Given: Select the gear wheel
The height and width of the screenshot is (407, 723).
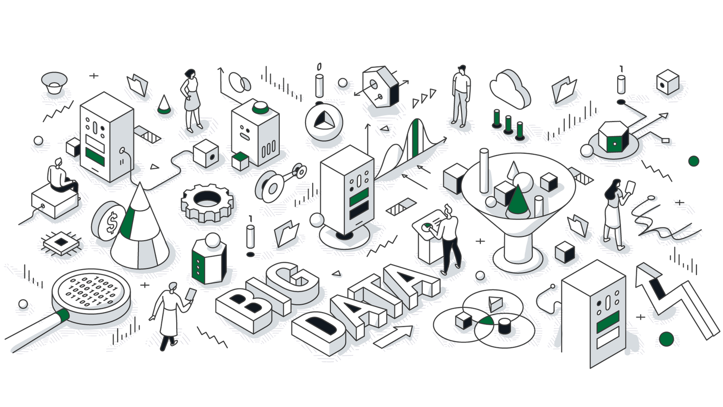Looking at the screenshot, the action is (207, 203).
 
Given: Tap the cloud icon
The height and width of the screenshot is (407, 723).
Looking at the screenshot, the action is (510, 89).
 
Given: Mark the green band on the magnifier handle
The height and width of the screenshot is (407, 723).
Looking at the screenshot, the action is (63, 315).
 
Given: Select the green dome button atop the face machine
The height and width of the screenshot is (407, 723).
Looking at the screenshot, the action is (260, 108).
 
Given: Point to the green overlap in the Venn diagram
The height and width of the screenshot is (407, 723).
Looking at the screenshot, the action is (485, 320).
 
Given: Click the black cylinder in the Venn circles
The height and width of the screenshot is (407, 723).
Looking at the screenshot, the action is (504, 326).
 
